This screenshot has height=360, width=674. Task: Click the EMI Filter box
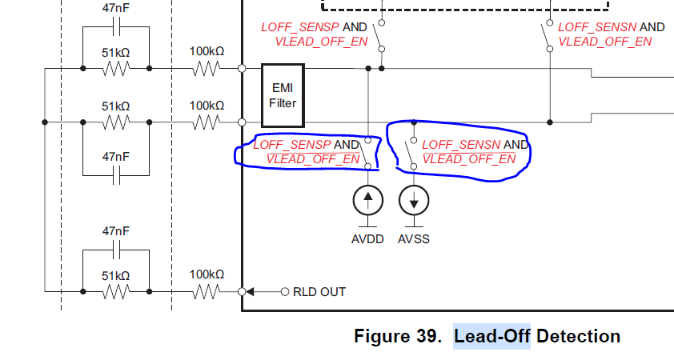[283, 96]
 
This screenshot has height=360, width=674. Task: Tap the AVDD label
[367, 238]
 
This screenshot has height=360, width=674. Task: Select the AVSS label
[414, 238]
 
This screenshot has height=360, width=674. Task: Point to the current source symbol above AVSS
[414, 200]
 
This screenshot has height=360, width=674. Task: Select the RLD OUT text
[320, 292]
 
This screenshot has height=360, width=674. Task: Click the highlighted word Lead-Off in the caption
[491, 337]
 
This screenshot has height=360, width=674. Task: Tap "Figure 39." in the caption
[397, 337]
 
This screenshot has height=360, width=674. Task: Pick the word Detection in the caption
[578, 337]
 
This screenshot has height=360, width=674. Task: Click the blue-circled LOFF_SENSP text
[292, 145]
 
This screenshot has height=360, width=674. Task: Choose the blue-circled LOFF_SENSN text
[461, 145]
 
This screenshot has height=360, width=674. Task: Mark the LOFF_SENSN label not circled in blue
[597, 26]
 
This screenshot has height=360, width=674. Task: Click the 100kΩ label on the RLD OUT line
[207, 274]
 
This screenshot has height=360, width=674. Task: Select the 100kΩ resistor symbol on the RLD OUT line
[207, 292]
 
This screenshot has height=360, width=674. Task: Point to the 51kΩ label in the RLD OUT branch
[116, 274]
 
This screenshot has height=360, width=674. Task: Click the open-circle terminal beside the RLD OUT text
[284, 292]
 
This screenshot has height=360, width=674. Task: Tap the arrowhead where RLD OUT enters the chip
[251, 292]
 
